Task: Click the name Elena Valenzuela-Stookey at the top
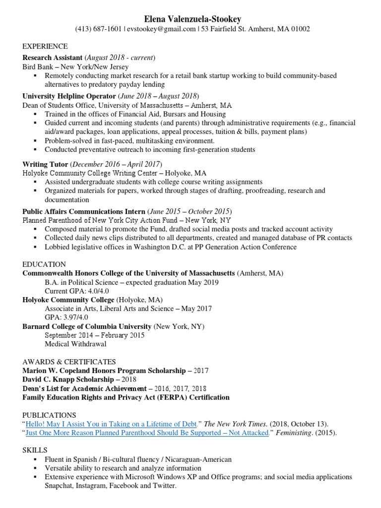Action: tap(192, 19)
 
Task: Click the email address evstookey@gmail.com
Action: tap(161, 29)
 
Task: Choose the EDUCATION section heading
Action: tap(44, 264)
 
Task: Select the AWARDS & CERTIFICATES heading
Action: tap(69, 362)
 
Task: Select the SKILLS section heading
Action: tap(35, 450)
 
